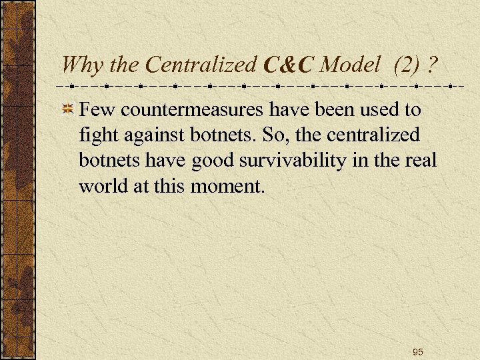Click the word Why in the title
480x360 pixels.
pos(80,65)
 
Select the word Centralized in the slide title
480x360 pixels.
pos(200,65)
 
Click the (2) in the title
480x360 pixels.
pos(407,65)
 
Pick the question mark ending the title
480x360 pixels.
pos(433,65)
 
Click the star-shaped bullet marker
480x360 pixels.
pos(67,109)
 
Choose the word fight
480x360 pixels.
pos(98,135)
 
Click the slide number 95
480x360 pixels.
pos(418,351)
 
